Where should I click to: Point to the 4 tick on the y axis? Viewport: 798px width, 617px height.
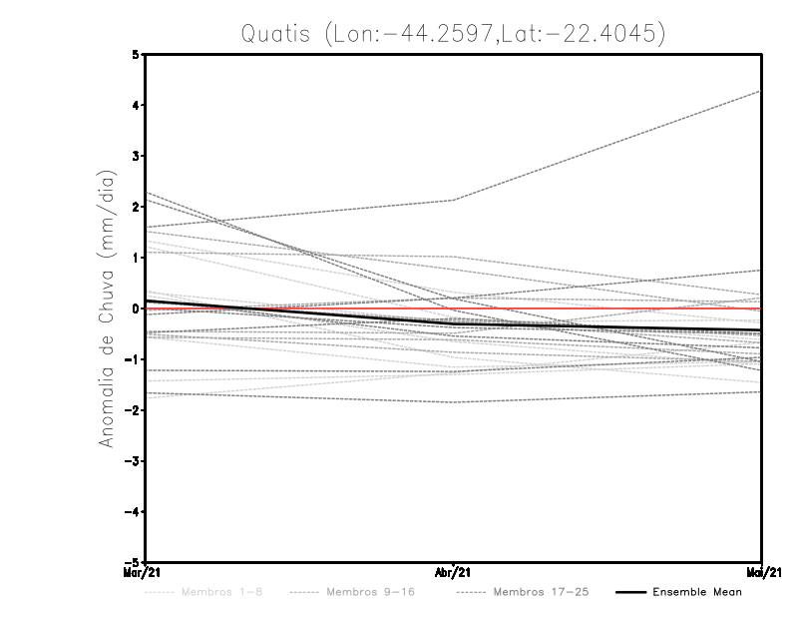pyautogui.click(x=136, y=106)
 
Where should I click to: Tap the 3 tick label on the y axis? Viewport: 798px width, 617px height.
pyautogui.click(x=136, y=157)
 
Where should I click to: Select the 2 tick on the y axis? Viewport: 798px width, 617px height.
pyautogui.click(x=136, y=208)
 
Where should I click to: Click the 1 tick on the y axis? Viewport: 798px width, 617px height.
pyautogui.click(x=136, y=258)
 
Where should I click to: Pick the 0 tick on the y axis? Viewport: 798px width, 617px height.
pyautogui.click(x=136, y=308)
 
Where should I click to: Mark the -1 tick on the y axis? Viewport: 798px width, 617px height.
pyautogui.click(x=133, y=359)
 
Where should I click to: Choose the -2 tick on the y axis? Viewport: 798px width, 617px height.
pyautogui.click(x=133, y=410)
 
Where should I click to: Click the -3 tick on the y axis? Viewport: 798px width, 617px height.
pyautogui.click(x=133, y=461)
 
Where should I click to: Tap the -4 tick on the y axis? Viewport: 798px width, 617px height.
pyautogui.click(x=133, y=511)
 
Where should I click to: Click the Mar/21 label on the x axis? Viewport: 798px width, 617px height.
pyautogui.click(x=146, y=573)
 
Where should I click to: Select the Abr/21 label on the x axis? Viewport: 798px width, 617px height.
pyautogui.click(x=454, y=573)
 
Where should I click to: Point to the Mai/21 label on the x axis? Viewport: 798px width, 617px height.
pyautogui.click(x=762, y=573)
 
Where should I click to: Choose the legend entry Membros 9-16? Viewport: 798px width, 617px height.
pyautogui.click(x=359, y=592)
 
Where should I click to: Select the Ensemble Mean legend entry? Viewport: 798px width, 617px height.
pyautogui.click(x=696, y=592)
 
